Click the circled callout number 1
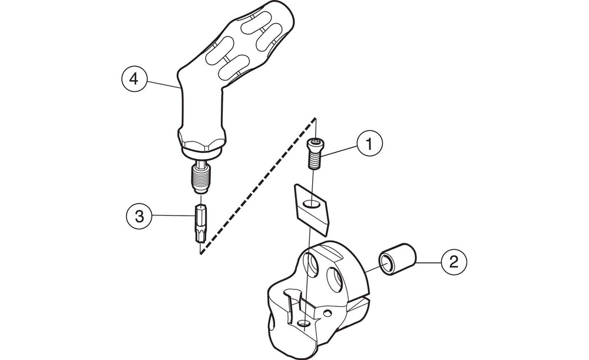369,144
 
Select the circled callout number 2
454,261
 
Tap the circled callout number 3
139,216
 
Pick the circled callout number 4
133,80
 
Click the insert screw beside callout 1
315,153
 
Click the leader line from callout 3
173,216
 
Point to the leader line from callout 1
339,151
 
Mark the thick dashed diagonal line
257,186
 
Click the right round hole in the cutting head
335,279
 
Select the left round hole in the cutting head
313,266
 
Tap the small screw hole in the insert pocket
303,323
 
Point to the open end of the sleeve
387,265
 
